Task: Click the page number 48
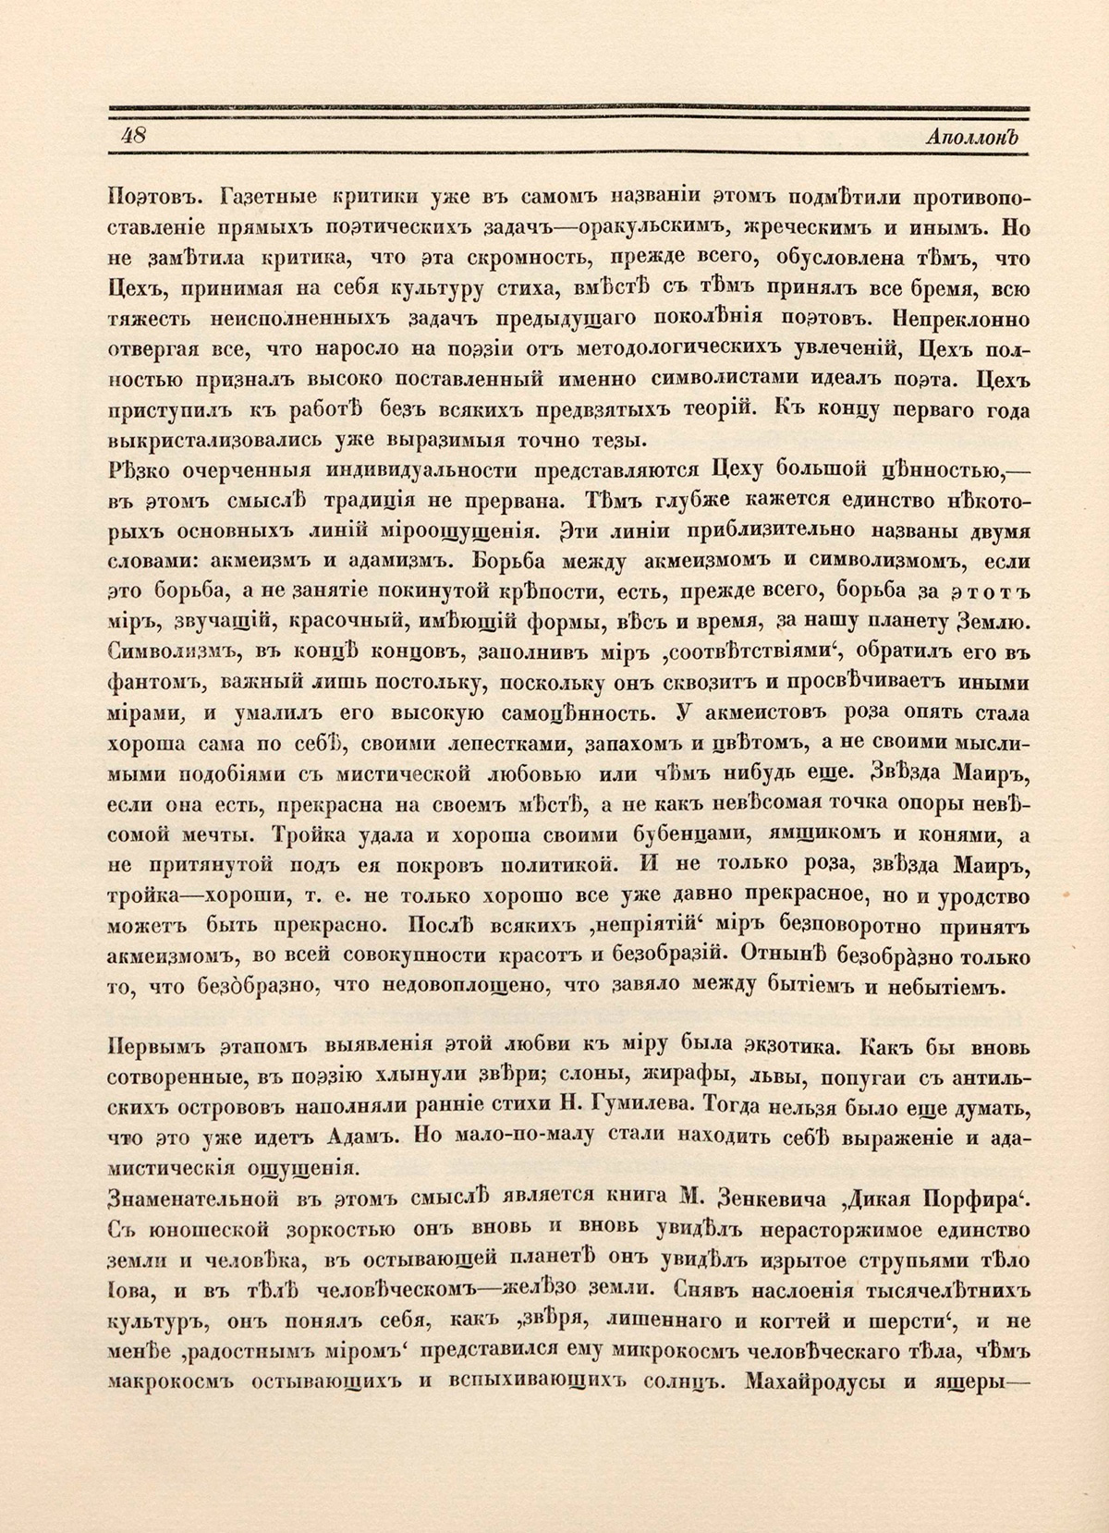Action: coord(132,135)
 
